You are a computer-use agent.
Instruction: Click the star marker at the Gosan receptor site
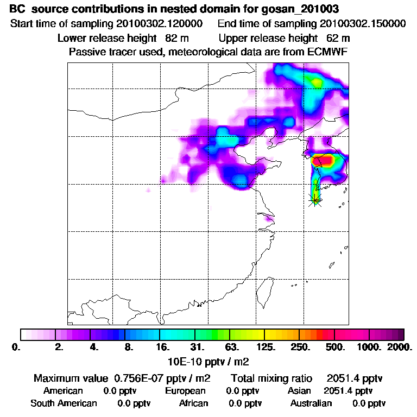coord(315,200)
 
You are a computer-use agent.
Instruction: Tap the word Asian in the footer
coord(299,391)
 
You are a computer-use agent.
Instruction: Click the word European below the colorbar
coord(185,391)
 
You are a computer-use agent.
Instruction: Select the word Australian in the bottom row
coord(311,403)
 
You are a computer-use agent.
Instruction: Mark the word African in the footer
coord(194,403)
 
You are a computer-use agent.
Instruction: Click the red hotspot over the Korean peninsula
coord(321,161)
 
